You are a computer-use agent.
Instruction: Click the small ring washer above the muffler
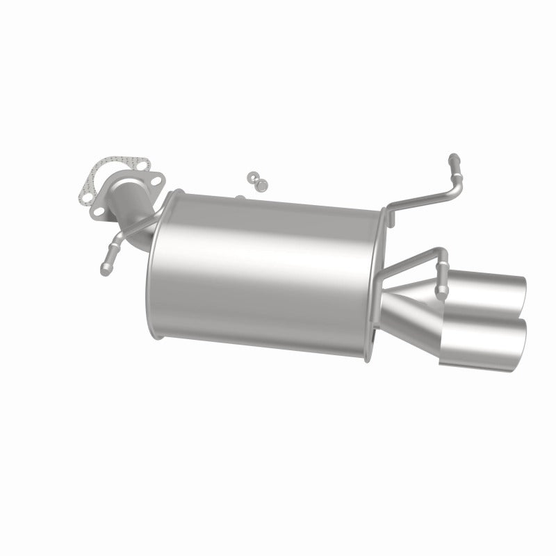coord(252,177)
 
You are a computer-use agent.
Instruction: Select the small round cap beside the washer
coord(263,184)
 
